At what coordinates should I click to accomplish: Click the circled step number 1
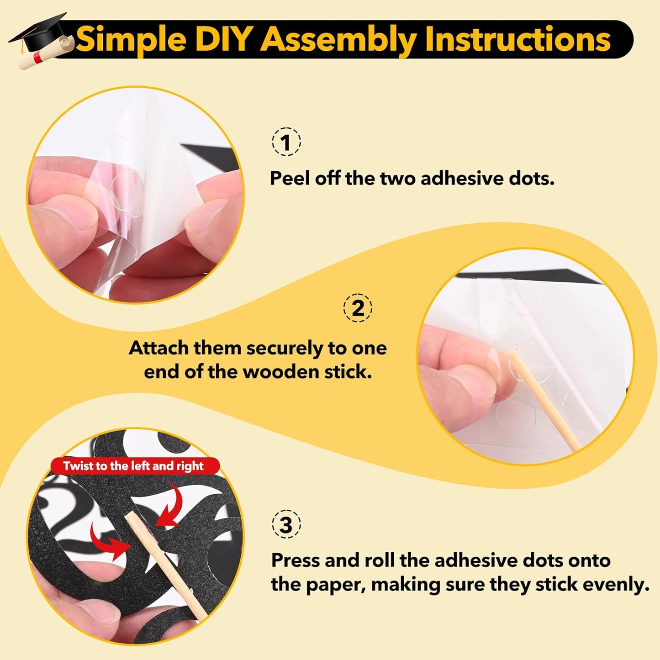(x=286, y=142)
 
